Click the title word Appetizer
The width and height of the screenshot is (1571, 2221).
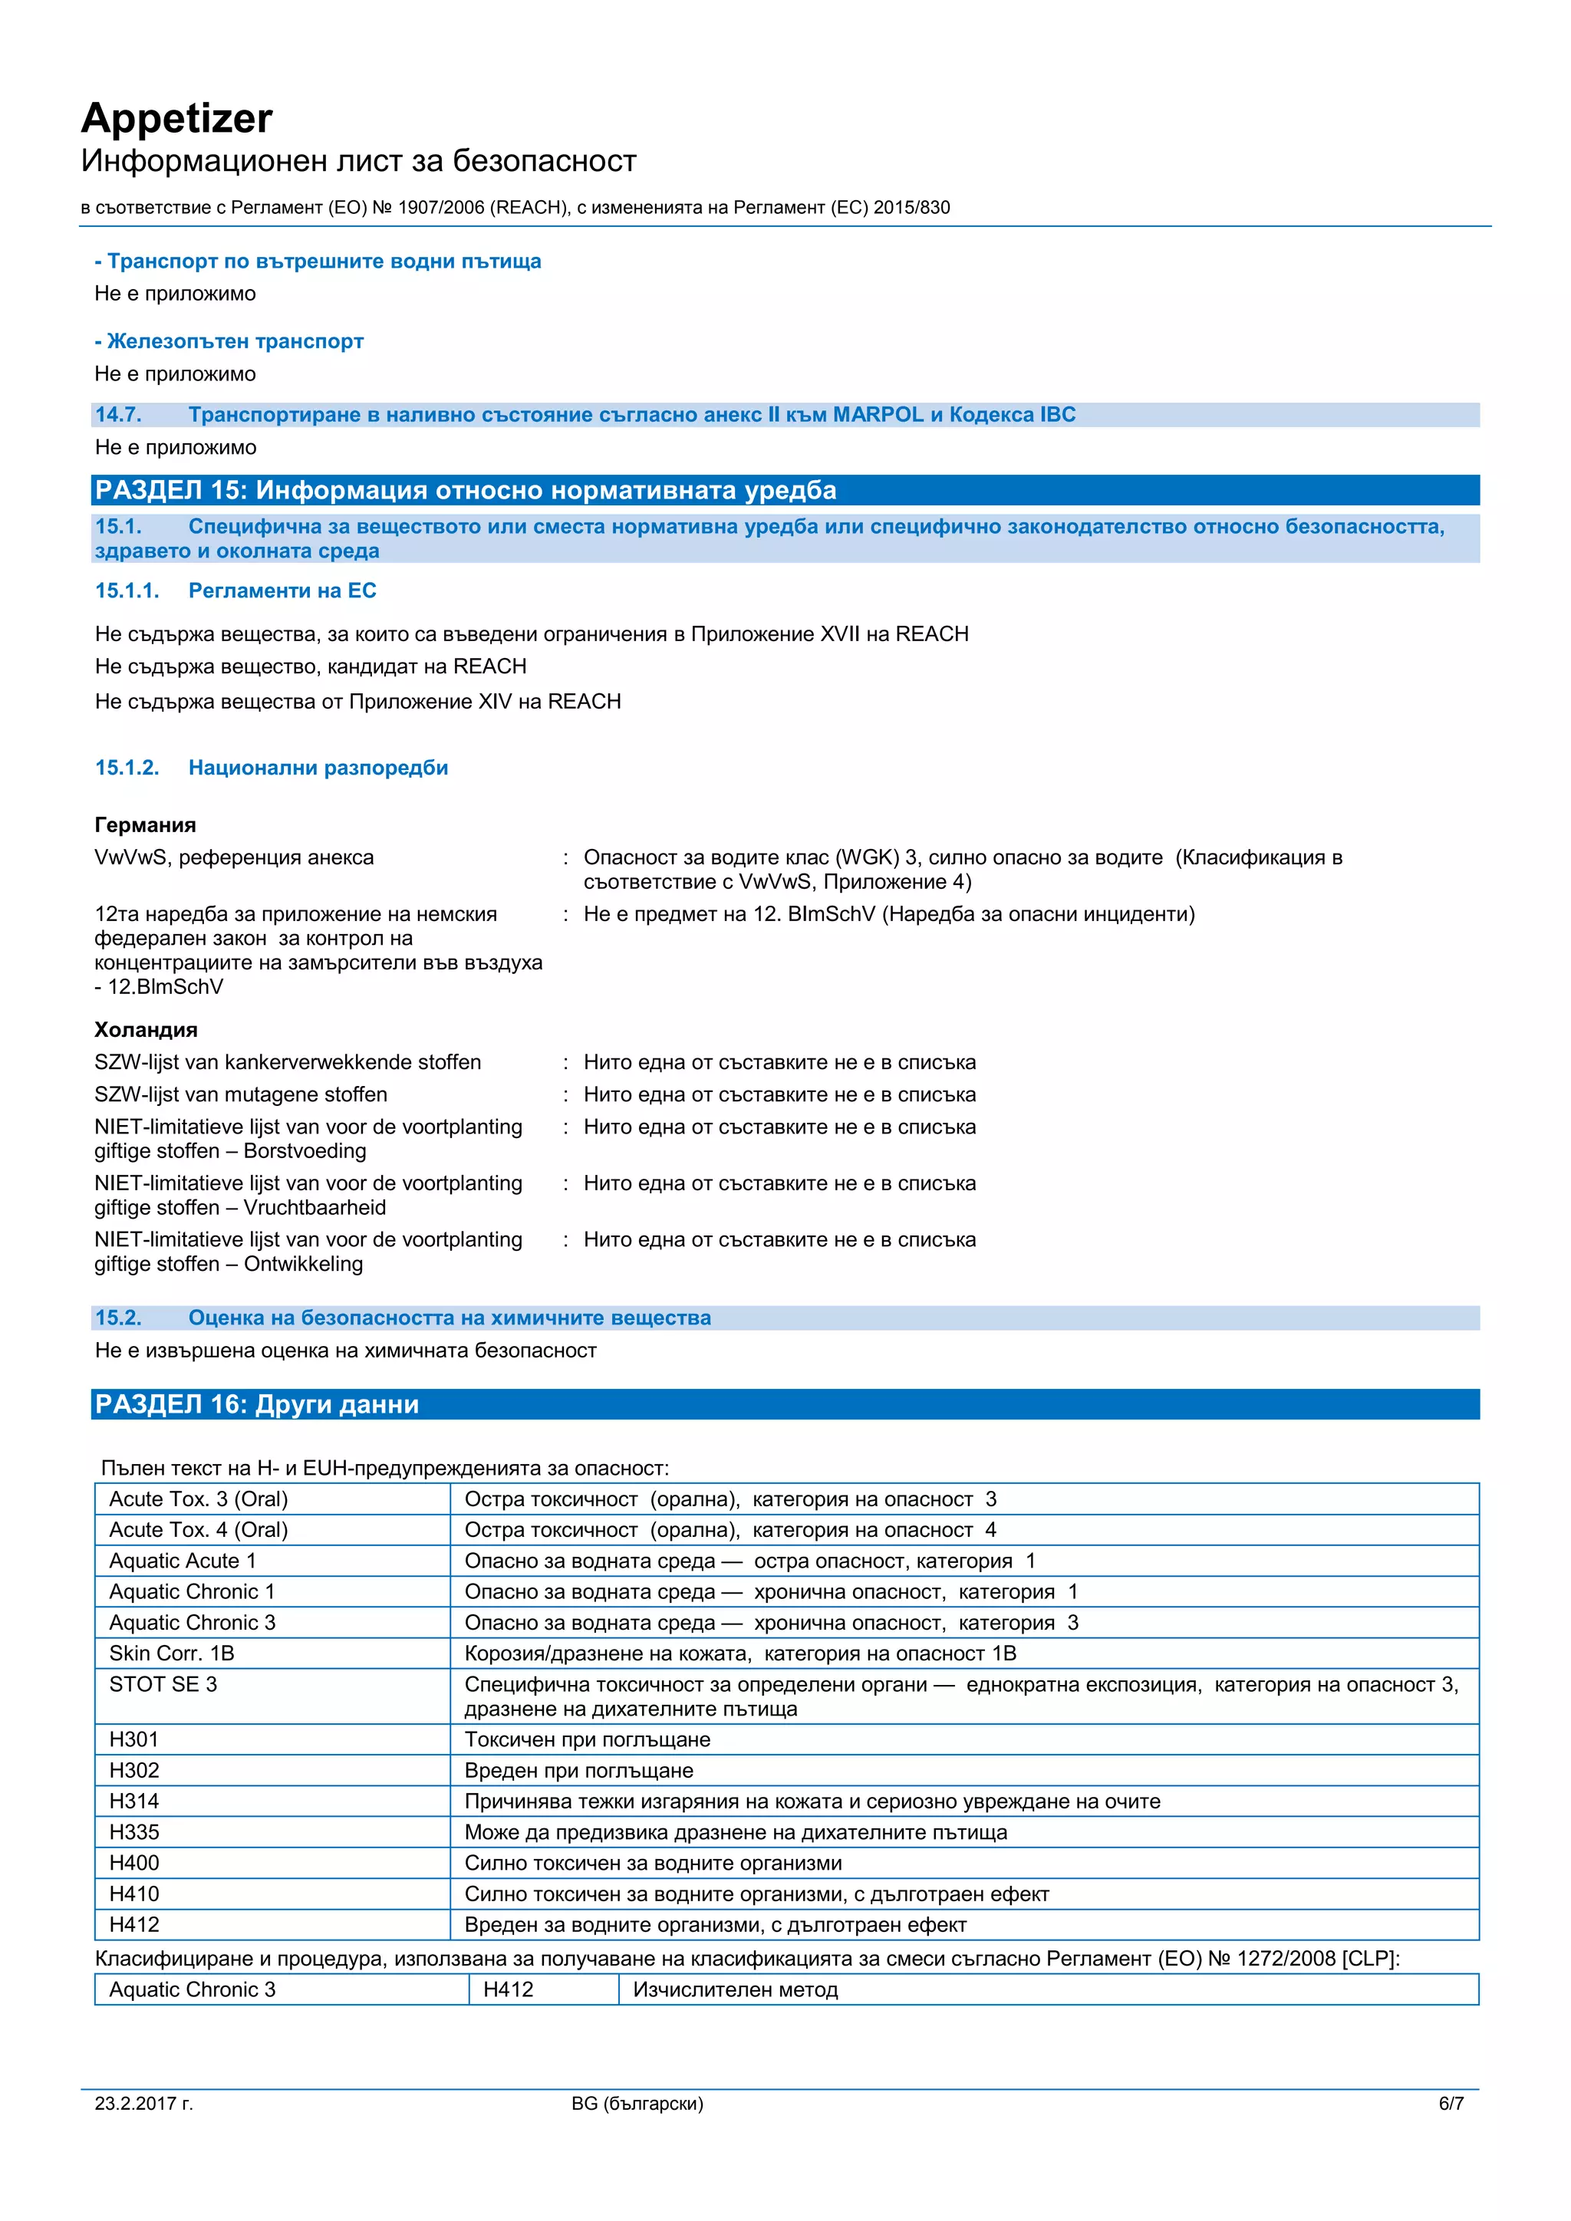[x=177, y=119]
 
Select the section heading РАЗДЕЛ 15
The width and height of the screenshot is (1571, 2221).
[x=464, y=490]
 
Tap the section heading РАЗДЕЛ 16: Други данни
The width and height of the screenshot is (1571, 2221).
[x=257, y=1403]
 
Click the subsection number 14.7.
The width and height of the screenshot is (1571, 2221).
[x=118, y=415]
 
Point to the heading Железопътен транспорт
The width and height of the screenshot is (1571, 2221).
[x=234, y=341]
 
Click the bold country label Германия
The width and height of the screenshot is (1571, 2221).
[x=145, y=825]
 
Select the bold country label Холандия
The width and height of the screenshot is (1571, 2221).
[x=146, y=1029]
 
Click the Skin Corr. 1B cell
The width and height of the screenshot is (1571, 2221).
[x=172, y=1653]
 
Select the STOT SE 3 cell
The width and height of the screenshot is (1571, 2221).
[x=163, y=1684]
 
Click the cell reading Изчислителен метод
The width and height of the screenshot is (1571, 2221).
[x=735, y=1990]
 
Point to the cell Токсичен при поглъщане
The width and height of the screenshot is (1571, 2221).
[x=587, y=1739]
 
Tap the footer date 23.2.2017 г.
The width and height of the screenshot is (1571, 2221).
[x=144, y=2103]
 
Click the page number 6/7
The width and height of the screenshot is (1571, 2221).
[x=1450, y=2103]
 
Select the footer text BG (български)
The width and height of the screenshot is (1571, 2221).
[x=637, y=2103]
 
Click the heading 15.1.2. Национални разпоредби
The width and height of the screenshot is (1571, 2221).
[x=272, y=768]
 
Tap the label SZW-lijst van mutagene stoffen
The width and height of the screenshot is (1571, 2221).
[x=241, y=1094]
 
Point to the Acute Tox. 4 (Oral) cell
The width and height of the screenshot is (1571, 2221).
[x=199, y=1529]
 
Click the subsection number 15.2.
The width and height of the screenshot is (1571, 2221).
[x=118, y=1318]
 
